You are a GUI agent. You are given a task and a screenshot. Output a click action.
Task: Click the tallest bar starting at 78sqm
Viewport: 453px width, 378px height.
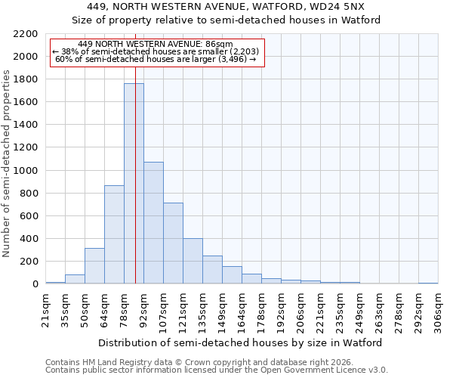coord(134,184)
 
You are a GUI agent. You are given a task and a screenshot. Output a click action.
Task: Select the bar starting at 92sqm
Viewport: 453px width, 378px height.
coord(153,223)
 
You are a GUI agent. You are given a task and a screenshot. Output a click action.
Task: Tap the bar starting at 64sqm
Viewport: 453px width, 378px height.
coord(114,234)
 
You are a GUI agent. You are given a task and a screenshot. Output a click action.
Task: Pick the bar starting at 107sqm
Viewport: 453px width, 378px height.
coord(173,243)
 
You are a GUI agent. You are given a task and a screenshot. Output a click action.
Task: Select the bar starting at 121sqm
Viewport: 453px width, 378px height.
coord(193,261)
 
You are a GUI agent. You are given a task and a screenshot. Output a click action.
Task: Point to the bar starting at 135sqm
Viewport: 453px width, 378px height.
coord(212,270)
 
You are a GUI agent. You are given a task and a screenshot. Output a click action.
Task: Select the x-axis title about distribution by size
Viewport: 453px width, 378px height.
coord(241,342)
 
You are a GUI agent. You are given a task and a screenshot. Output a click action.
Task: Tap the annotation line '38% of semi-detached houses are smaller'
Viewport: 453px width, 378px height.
coord(157,51)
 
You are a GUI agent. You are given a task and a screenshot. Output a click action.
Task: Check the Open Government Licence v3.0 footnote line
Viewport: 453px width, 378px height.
coord(216,370)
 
